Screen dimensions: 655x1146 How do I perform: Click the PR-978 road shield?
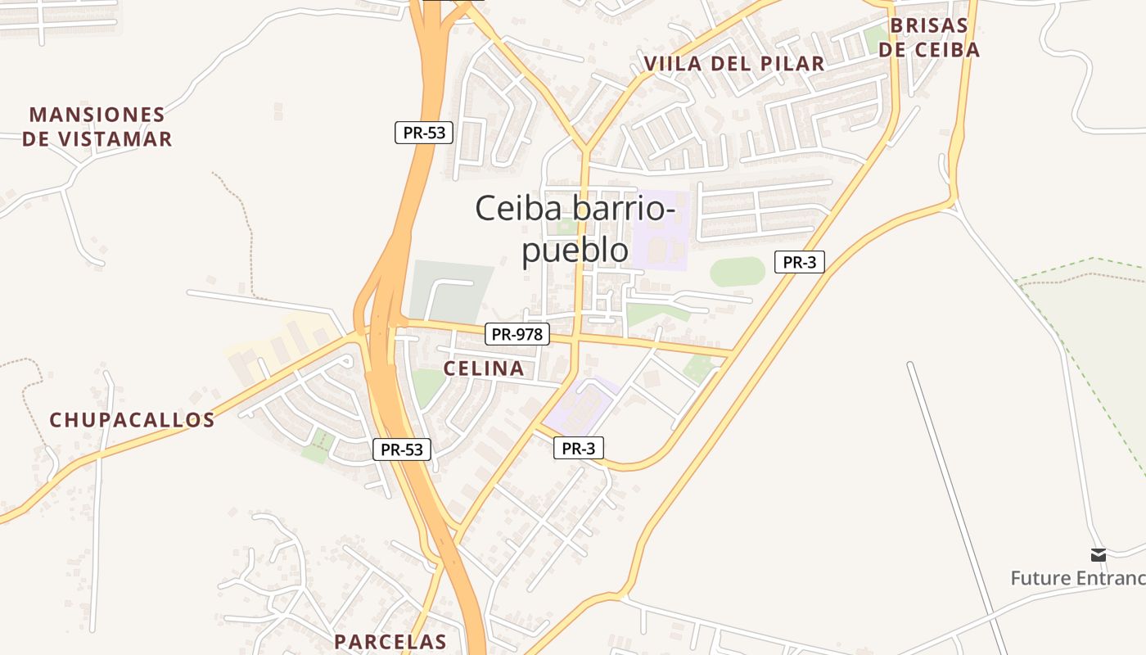coord(517,334)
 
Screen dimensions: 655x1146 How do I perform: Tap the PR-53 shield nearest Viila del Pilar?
coord(424,133)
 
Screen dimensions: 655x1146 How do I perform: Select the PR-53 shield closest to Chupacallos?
coord(401,449)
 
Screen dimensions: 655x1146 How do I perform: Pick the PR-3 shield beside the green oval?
coord(799,262)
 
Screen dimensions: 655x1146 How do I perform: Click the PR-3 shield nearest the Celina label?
coord(578,448)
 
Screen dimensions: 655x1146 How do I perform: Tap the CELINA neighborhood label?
coord(484,368)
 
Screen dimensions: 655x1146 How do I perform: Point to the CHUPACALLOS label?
coord(132,420)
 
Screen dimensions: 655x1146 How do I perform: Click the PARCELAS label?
coord(390,641)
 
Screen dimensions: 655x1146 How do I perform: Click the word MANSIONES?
coord(97,115)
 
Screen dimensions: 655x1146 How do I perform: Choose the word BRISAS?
coord(929,25)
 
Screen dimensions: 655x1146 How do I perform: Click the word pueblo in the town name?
coord(575,251)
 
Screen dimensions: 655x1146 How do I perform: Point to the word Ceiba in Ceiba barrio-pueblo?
coord(520,208)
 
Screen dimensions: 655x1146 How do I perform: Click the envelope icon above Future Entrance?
coord(1098,555)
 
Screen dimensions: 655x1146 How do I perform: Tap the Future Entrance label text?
coord(1077,578)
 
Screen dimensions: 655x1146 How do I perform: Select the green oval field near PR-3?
coord(737,271)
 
